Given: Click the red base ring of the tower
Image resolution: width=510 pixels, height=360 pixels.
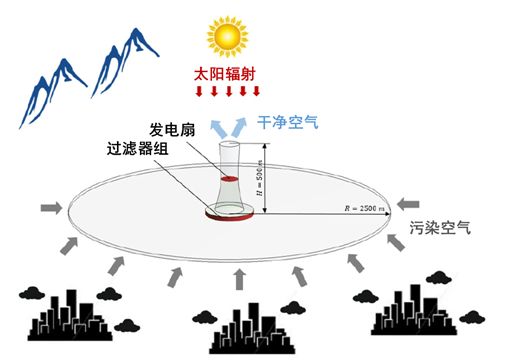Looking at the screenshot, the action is point(229,214).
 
